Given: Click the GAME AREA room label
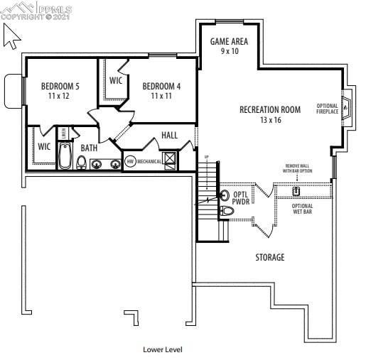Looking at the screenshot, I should pos(229,41).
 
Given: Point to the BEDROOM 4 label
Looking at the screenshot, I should pos(161,86).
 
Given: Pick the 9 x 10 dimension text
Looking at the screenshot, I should pos(229,51).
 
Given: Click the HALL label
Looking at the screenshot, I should pos(170,135).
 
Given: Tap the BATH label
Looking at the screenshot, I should pos(89,148).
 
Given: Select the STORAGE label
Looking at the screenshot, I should pos(270,257).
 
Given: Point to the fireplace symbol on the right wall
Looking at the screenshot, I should pos(347,109).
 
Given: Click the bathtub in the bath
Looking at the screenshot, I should pos(65,156).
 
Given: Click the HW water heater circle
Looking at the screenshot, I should pos(130,161).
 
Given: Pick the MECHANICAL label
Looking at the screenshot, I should pos(149,161).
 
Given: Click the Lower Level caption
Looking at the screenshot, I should pos(163,349).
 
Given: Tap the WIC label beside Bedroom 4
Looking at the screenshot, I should pos(116,80).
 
